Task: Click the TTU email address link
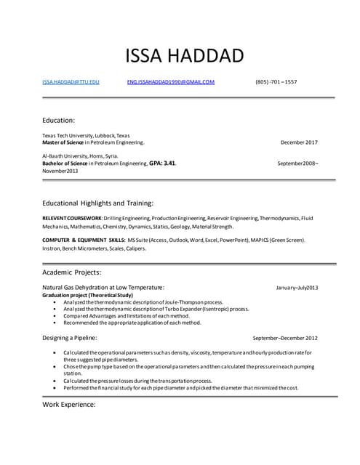71,82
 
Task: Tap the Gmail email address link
171,82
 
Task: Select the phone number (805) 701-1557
276,82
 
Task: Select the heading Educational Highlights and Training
98,203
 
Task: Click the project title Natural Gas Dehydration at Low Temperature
103,288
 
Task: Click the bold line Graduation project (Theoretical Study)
87,296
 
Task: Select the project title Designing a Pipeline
70,338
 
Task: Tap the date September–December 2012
285,339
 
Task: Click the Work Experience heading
69,403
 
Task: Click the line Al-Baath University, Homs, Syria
80,155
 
